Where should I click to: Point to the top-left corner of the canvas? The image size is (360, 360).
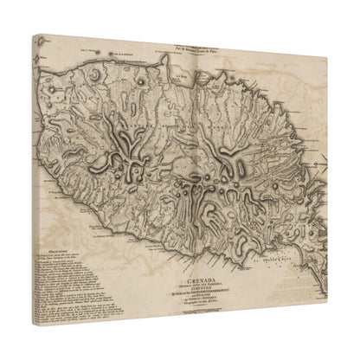click(x=31, y=36)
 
